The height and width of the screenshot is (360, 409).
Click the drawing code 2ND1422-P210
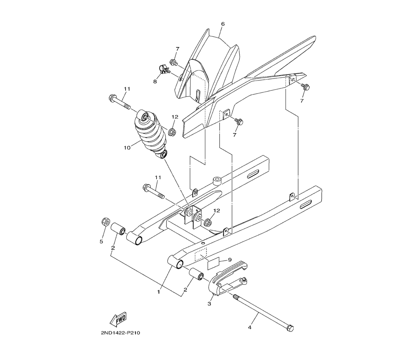pos(121,333)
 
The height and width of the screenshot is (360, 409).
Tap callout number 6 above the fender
pos(222,24)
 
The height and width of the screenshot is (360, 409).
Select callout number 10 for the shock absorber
pos(127,148)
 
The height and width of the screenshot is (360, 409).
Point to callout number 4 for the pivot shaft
pos(249,327)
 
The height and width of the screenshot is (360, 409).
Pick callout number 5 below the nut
pos(101,241)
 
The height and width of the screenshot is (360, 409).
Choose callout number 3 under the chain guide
pos(209,304)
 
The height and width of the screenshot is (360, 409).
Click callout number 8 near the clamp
pos(155,81)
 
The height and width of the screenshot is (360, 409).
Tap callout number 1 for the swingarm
pos(158,292)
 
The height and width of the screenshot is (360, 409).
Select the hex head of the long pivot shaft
pos(290,328)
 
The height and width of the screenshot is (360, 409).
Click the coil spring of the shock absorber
pos(149,133)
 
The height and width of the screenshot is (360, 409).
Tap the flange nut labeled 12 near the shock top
pos(172,131)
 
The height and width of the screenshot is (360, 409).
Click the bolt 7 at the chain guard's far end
pos(305,86)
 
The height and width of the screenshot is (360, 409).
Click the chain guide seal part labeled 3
pos(227,280)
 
